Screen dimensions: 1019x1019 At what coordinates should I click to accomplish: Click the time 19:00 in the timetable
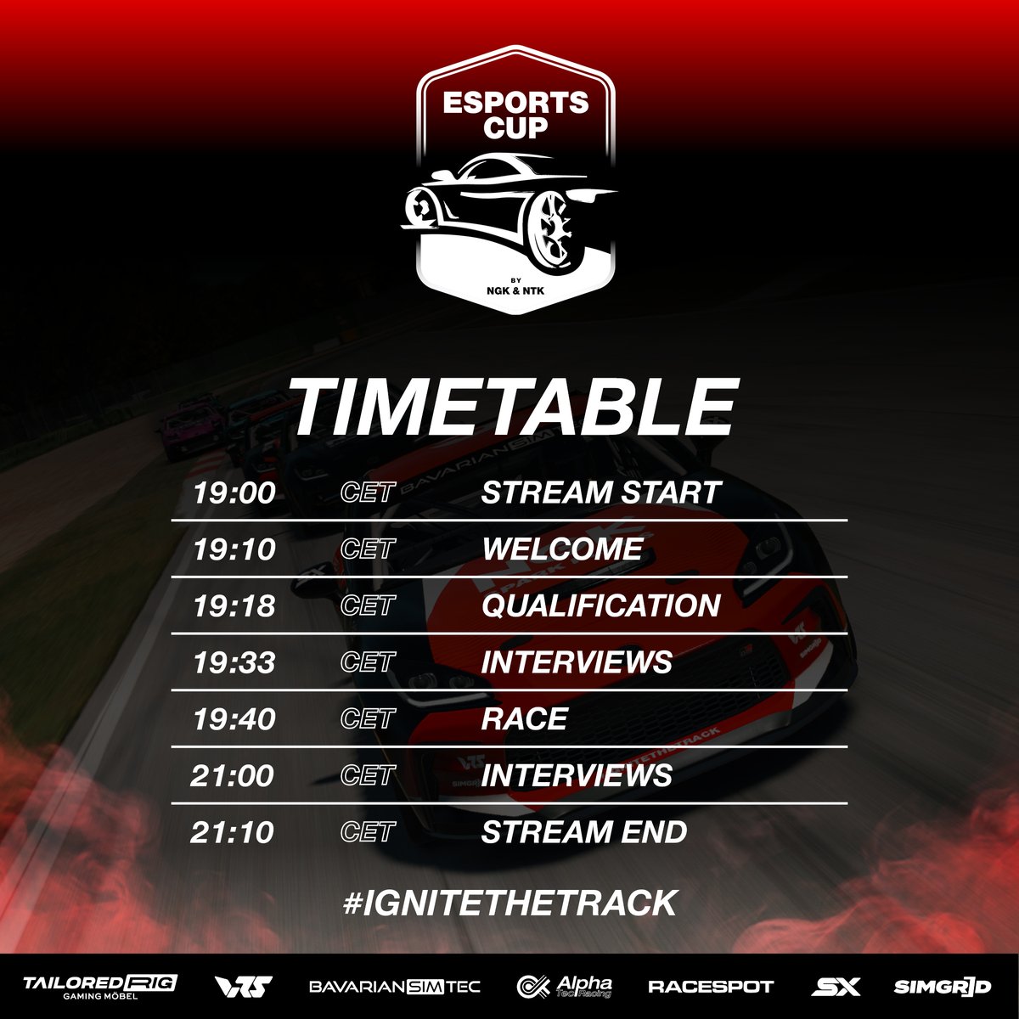[222, 493]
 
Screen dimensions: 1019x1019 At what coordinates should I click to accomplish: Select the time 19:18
[222, 606]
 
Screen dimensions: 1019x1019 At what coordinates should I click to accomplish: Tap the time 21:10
[221, 832]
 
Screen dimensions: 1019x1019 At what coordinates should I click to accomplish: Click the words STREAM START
[600, 493]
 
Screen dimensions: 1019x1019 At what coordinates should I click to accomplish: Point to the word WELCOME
[562, 549]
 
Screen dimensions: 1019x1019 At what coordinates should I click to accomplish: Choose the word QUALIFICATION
[600, 606]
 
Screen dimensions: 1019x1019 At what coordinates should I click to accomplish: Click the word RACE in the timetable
[524, 719]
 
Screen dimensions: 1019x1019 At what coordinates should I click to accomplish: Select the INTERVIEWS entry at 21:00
[577, 775]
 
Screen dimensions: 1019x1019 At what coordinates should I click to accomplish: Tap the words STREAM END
[583, 832]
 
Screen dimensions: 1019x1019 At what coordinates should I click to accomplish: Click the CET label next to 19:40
[367, 719]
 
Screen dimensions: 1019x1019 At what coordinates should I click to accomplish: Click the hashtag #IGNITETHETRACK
[509, 903]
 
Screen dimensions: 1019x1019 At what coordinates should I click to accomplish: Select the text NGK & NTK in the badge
[515, 290]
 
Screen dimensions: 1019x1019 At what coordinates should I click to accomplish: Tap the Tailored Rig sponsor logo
[99, 986]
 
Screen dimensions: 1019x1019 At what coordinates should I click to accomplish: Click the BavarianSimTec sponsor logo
[395, 987]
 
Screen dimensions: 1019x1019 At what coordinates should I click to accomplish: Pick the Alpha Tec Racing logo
[565, 986]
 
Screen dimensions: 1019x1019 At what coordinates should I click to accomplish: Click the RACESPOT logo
[711, 987]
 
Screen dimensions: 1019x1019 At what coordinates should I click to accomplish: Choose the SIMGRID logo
[943, 987]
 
